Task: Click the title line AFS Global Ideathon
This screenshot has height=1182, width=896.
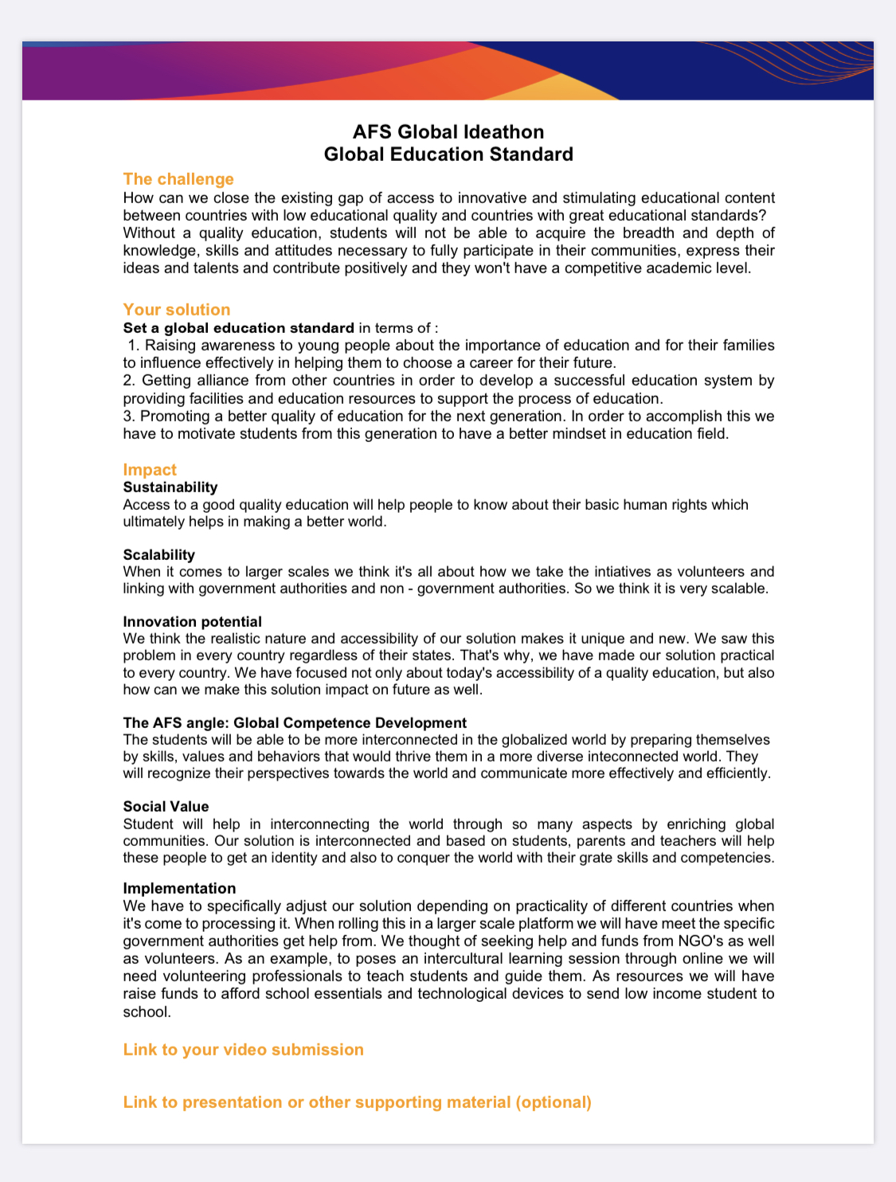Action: tap(448, 131)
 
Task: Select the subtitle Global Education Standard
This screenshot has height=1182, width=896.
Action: tap(448, 154)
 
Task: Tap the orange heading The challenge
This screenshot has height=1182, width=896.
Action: tap(178, 179)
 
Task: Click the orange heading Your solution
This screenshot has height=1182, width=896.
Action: tap(177, 310)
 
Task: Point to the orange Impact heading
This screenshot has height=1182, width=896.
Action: tap(150, 470)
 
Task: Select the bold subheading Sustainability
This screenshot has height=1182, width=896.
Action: tap(170, 487)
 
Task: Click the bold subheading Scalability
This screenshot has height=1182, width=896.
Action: tap(159, 555)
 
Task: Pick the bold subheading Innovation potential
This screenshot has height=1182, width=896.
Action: tap(193, 622)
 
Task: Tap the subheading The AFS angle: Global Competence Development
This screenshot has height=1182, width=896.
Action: tap(295, 723)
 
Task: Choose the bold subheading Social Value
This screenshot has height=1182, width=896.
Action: tap(166, 807)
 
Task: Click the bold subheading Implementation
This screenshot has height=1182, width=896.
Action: tap(179, 889)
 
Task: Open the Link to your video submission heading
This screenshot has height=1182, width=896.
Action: tap(243, 1050)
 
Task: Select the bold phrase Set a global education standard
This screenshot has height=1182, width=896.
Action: tap(239, 328)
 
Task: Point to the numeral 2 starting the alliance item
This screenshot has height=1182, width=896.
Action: tap(127, 381)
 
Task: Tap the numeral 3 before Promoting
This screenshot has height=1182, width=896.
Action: tap(127, 417)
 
